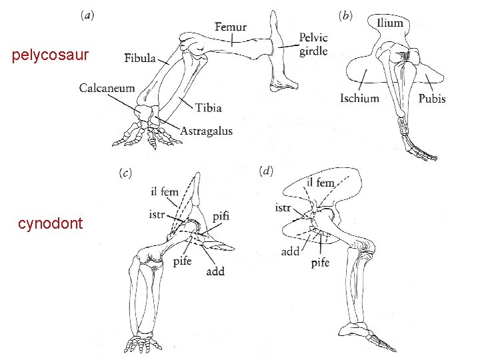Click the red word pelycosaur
point(50,56)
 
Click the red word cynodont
point(51,223)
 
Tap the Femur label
point(231,27)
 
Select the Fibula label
point(140,59)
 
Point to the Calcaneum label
point(107,88)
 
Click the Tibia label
point(209,107)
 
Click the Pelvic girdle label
point(313,44)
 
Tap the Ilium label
point(390,23)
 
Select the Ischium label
point(359,99)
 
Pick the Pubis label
point(432,99)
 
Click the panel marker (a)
point(87,14)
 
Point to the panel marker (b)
point(346,15)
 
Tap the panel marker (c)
point(125,173)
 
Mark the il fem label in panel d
point(321,182)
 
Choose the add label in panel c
point(215,271)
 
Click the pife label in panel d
point(320,263)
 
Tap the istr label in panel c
point(158,215)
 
